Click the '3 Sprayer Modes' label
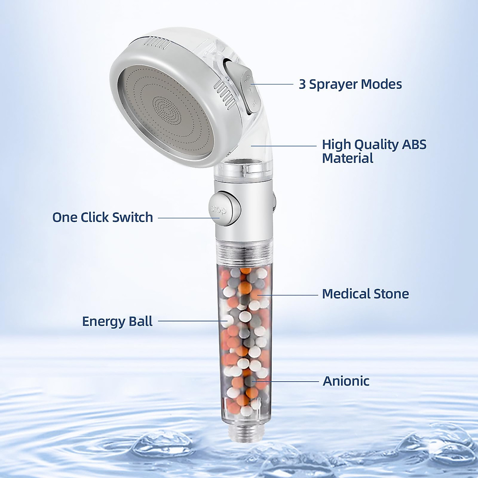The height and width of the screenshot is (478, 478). (350, 84)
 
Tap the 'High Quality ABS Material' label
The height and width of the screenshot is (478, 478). (374, 151)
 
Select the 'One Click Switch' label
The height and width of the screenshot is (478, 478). (103, 217)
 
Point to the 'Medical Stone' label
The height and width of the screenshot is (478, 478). (365, 294)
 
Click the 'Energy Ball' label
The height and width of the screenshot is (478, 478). (118, 321)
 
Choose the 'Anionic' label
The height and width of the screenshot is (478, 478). (346, 381)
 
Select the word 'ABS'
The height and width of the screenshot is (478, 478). (413, 144)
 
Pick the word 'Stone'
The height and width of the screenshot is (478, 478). (392, 294)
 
